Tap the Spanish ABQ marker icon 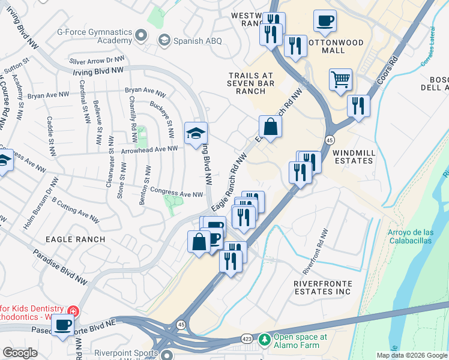click(163, 40)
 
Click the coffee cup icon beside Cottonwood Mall click(325, 22)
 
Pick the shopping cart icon click(340, 79)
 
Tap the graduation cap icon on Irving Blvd click(195, 134)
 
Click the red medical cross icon click(73, 311)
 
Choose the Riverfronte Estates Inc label click(322, 287)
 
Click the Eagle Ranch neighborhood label click(75, 239)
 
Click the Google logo click(20, 353)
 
